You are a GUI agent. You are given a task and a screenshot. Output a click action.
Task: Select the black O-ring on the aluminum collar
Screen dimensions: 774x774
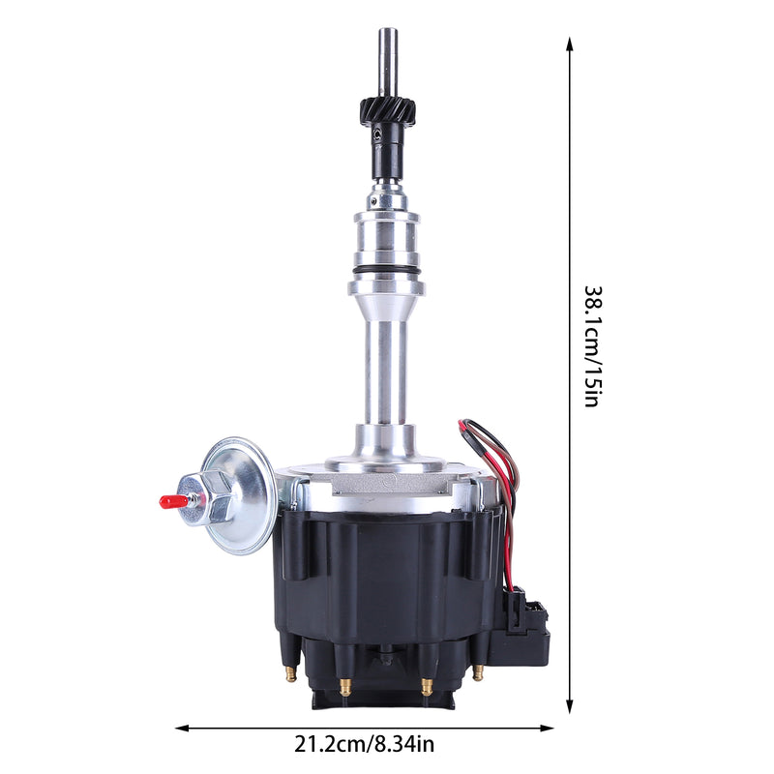click(x=386, y=270)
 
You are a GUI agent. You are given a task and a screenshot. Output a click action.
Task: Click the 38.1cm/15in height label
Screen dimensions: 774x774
click(x=592, y=345)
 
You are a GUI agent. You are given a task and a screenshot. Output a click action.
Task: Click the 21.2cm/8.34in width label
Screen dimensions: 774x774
click(x=365, y=744)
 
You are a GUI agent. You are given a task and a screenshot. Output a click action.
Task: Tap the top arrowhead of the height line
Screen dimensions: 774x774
click(x=570, y=45)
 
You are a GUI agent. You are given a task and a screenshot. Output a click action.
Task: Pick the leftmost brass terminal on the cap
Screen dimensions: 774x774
click(x=289, y=674)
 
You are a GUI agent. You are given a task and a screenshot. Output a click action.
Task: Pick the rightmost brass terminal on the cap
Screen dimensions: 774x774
click(x=476, y=672)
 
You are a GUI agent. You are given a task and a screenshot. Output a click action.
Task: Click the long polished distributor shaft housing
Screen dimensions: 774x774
click(x=385, y=368)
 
